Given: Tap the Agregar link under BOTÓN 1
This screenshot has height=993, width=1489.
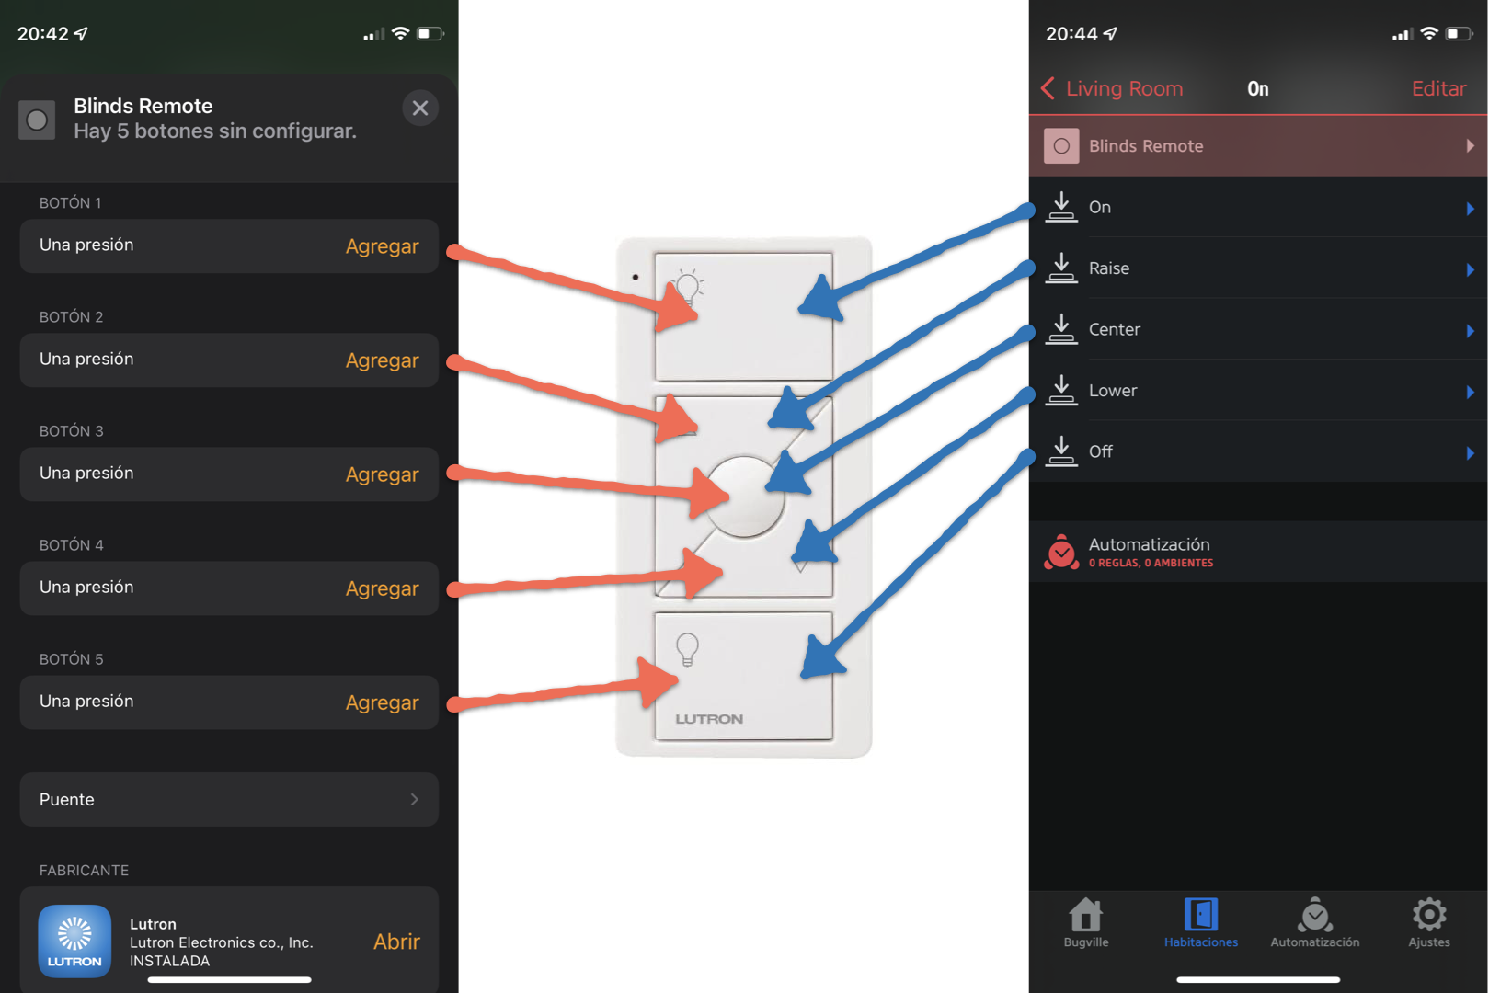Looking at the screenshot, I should click(382, 246).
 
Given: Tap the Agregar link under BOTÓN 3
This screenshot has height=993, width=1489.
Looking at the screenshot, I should click(382, 474).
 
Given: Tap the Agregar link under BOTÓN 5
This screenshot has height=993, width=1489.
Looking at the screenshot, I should click(382, 702).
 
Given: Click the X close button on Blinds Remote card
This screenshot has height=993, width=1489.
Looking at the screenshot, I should click(420, 108).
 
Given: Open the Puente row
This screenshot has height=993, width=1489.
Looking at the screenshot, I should click(229, 800).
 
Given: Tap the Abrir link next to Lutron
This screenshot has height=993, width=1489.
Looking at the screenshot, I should click(396, 942).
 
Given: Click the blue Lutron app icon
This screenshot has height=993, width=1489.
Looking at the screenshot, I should click(74, 942).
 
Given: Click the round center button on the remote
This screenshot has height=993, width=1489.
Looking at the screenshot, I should click(744, 496).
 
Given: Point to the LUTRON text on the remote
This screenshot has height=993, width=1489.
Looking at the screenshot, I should click(709, 719).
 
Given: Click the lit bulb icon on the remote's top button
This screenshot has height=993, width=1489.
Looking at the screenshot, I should click(688, 287).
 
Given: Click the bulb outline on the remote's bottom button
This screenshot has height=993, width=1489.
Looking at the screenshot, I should click(687, 649).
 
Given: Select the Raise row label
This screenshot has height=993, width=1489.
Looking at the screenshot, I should click(1109, 268).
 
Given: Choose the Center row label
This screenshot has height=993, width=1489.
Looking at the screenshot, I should click(1115, 329).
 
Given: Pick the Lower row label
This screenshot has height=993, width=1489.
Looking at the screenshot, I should click(1113, 391).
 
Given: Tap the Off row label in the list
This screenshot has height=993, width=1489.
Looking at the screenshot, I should click(1101, 451).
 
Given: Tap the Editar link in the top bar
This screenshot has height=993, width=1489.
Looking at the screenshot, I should click(1438, 89).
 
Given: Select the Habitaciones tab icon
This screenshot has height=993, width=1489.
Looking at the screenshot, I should click(1201, 916).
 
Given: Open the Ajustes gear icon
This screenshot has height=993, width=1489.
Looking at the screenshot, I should click(1429, 915).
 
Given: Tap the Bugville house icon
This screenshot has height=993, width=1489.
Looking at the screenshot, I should click(1086, 915).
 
